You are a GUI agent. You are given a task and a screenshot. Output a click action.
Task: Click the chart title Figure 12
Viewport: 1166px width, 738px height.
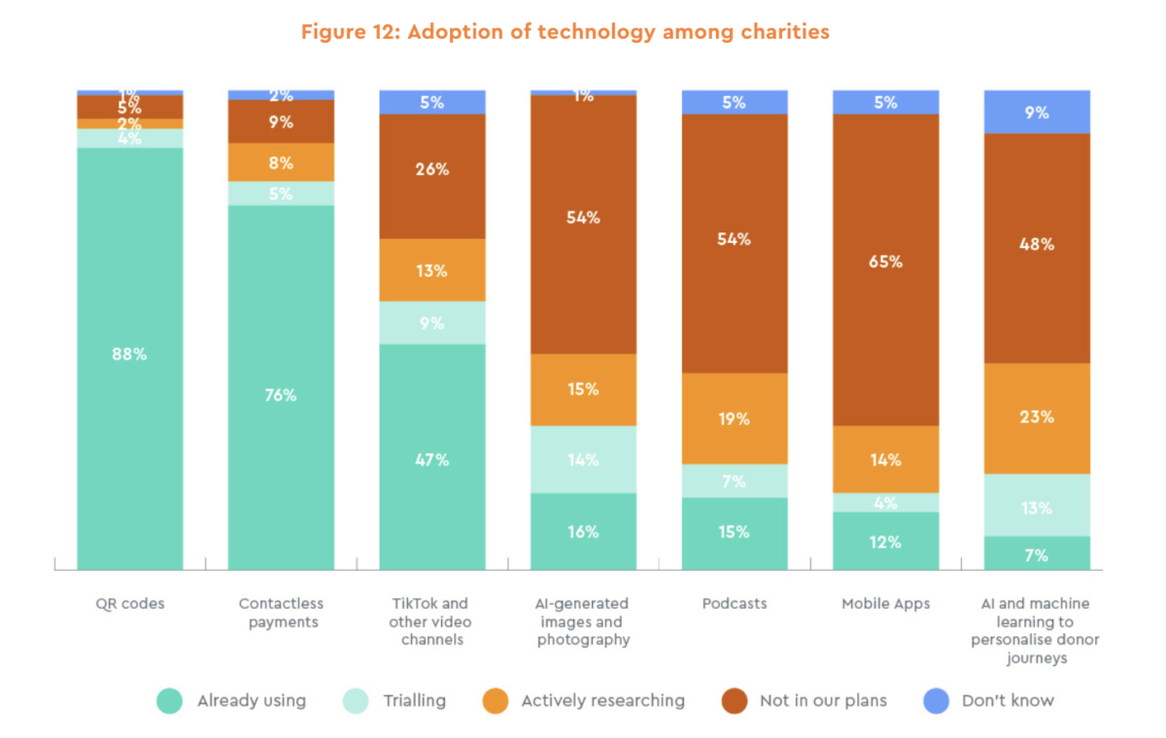point(565,32)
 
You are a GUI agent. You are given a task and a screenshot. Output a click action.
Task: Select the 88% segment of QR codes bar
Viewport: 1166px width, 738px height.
point(130,355)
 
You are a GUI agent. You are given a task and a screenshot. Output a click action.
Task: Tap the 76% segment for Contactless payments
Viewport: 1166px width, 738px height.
point(281,395)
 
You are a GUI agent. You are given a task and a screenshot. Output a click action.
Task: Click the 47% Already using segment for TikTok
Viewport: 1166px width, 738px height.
point(432,459)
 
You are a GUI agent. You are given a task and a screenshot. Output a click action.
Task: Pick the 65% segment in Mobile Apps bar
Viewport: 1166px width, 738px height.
point(885,262)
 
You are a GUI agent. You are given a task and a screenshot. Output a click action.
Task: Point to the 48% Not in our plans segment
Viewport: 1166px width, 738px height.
point(1037,245)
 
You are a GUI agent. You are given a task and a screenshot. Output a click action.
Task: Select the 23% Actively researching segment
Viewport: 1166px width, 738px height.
point(1037,417)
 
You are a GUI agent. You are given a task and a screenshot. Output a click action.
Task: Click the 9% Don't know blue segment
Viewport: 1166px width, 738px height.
point(1037,112)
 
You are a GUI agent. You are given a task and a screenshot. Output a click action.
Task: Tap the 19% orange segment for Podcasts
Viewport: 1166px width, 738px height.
point(735,419)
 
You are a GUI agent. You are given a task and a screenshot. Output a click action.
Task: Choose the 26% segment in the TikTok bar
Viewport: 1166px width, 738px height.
point(432,170)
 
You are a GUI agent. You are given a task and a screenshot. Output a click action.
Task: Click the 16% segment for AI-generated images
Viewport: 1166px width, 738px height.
point(583,532)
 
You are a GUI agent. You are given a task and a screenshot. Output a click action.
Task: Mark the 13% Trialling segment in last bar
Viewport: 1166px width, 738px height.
point(1037,507)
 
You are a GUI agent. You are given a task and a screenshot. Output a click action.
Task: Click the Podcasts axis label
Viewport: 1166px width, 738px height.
point(735,604)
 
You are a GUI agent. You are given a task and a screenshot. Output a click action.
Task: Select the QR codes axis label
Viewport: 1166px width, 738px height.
point(130,604)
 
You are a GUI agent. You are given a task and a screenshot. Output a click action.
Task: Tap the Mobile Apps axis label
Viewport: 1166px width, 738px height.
point(885,604)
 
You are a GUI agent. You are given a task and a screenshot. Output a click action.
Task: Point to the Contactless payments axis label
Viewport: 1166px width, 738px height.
point(281,613)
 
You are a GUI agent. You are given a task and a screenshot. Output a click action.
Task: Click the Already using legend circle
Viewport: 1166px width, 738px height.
point(170,701)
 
